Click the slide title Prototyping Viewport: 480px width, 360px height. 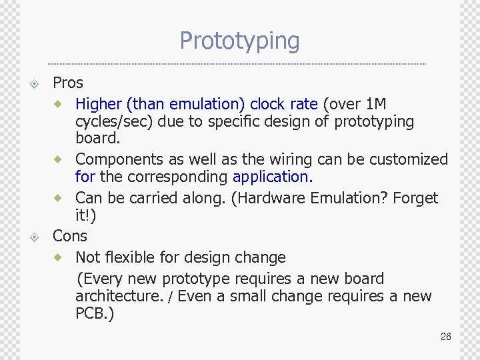coord(239,41)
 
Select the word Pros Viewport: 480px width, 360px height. coord(68,83)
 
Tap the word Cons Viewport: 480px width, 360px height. coord(70,236)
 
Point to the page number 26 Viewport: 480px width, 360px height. coord(446,337)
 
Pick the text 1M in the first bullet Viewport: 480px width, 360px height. coord(376,104)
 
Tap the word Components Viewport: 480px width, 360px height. coord(115,159)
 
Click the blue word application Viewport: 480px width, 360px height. coord(270,177)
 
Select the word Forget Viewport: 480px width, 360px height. coord(415,198)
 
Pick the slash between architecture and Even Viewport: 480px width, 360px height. coord(171,297)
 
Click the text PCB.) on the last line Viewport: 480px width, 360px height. coord(95,313)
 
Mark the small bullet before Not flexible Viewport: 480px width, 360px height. coord(59,257)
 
